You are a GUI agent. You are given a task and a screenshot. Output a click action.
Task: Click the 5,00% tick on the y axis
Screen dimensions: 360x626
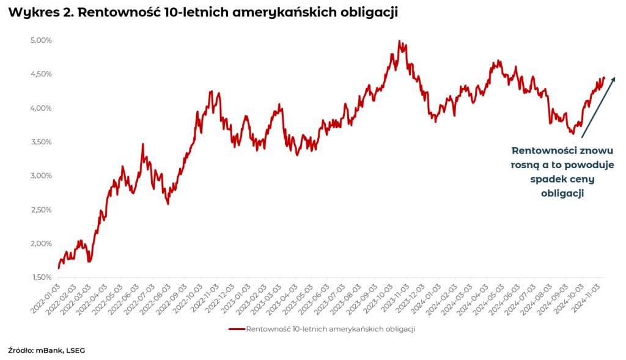tap(42, 40)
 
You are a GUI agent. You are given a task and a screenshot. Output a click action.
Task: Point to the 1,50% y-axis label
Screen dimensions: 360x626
tap(42, 277)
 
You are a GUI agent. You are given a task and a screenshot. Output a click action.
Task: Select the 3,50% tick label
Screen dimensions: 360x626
tap(42, 142)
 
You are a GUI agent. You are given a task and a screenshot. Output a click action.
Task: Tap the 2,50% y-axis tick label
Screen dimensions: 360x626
tap(42, 210)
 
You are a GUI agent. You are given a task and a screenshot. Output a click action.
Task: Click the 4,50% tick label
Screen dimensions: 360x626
tap(42, 74)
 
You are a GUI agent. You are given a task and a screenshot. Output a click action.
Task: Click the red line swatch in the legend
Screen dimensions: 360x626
tap(237, 329)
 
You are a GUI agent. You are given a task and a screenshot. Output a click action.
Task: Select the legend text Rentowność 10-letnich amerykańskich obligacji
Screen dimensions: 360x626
tap(330, 329)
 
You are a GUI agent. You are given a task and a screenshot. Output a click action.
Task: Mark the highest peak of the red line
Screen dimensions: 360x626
tap(399, 42)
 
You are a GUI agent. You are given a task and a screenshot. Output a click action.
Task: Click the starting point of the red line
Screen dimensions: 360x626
tap(59, 268)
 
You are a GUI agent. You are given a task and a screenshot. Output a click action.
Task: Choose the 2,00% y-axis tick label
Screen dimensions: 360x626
tap(42, 243)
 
